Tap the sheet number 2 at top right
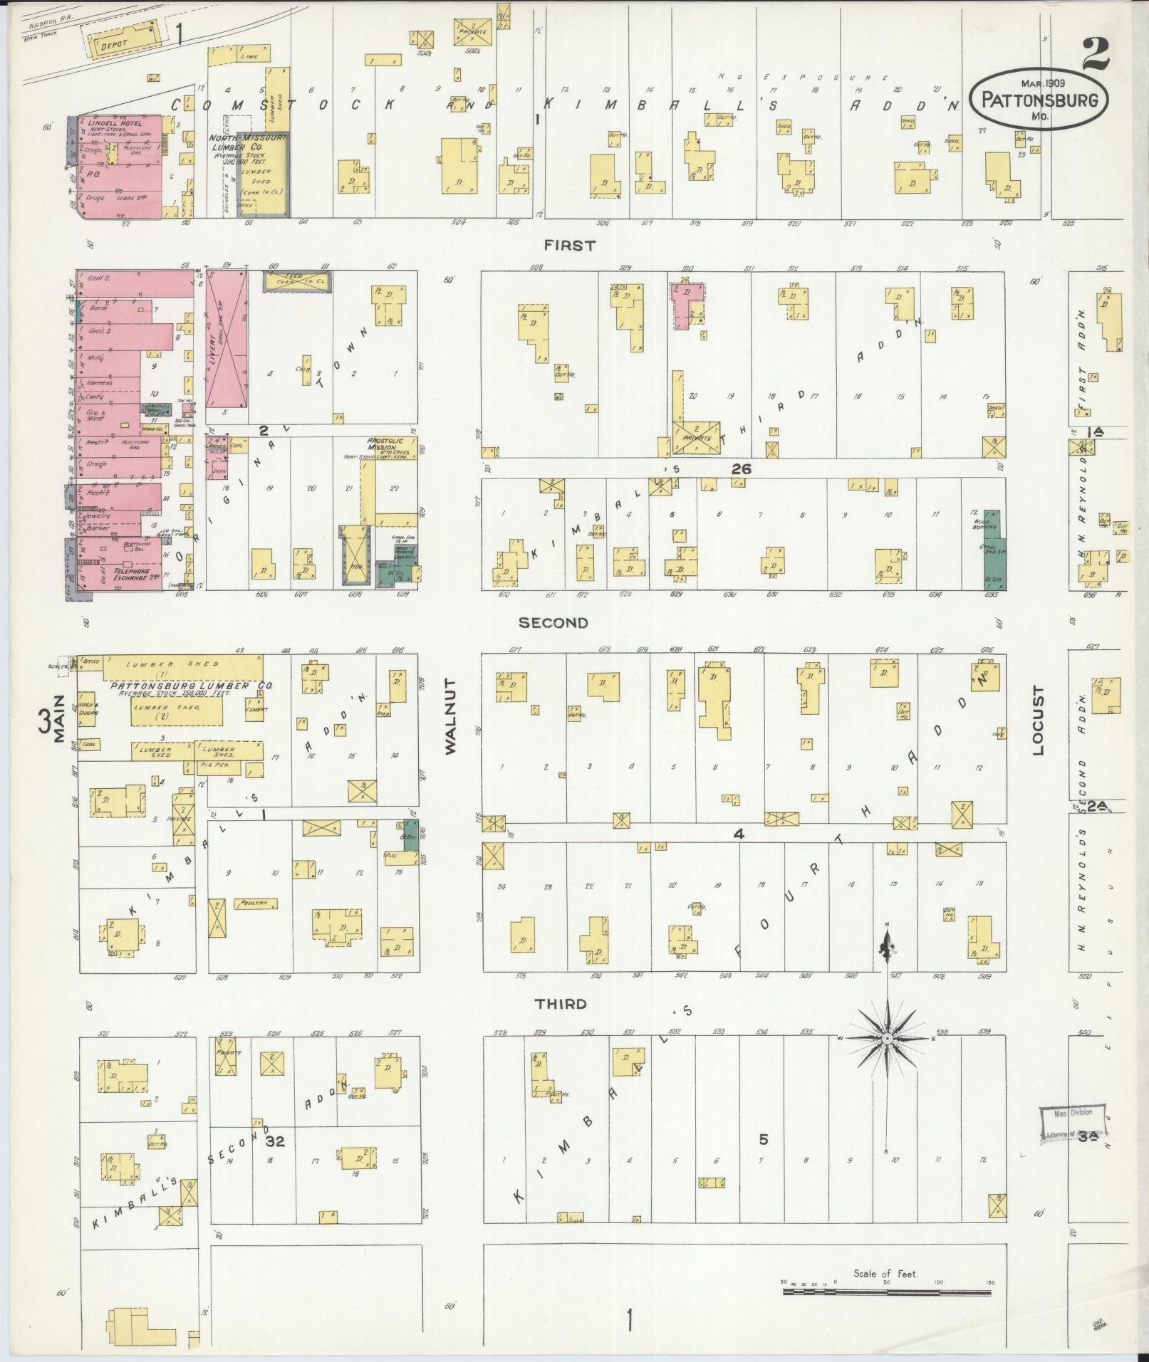coord(1101,53)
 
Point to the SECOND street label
coord(553,623)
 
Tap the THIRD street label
coord(561,1004)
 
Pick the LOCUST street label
coord(1036,721)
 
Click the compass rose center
coord(887,1039)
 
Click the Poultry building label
coord(254,903)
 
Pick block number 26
coord(741,469)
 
